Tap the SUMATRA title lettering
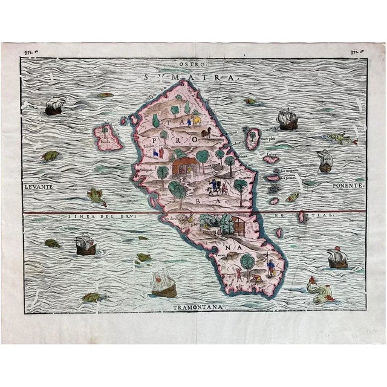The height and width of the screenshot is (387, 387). (193, 77)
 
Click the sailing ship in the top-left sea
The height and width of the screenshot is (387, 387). (55, 107)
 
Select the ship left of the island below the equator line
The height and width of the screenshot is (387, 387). (85, 245)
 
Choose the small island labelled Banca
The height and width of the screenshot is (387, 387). (107, 137)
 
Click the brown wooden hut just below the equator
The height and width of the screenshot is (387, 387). (238, 227)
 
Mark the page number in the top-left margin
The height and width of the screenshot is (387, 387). (29, 53)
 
